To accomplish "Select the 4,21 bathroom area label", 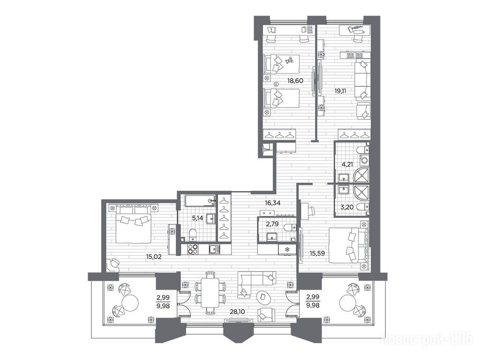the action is coord(347,164).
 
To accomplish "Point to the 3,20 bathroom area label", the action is coord(347,207).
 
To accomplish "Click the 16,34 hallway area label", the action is coord(273,202).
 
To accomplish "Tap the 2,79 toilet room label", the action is coord(272,224).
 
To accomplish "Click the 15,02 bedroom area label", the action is coord(154,256).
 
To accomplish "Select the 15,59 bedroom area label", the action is coord(316,253).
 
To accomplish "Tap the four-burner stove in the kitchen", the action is coord(193,249).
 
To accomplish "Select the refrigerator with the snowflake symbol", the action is coord(287,249).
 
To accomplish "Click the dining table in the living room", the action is coord(210,292).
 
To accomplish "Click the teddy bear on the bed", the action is coord(289,60).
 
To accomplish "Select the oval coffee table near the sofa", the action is coord(263,296).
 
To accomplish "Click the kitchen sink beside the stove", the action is coord(214,249).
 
